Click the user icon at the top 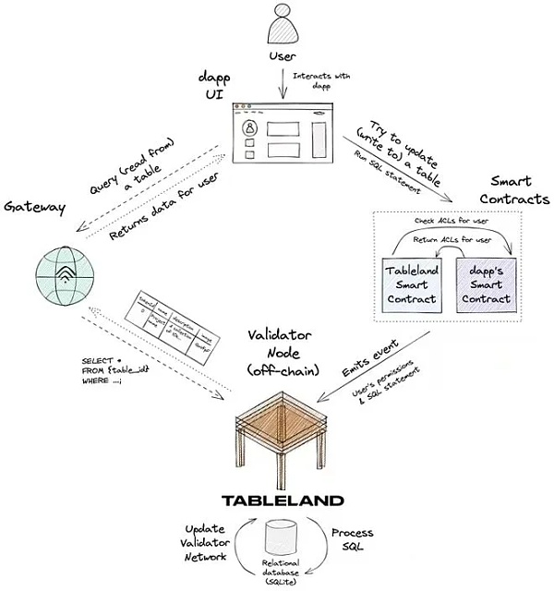282,26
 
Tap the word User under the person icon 282,57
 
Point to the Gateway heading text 33,207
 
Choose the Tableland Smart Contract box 413,282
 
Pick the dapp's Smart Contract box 484,282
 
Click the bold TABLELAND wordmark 280,501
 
